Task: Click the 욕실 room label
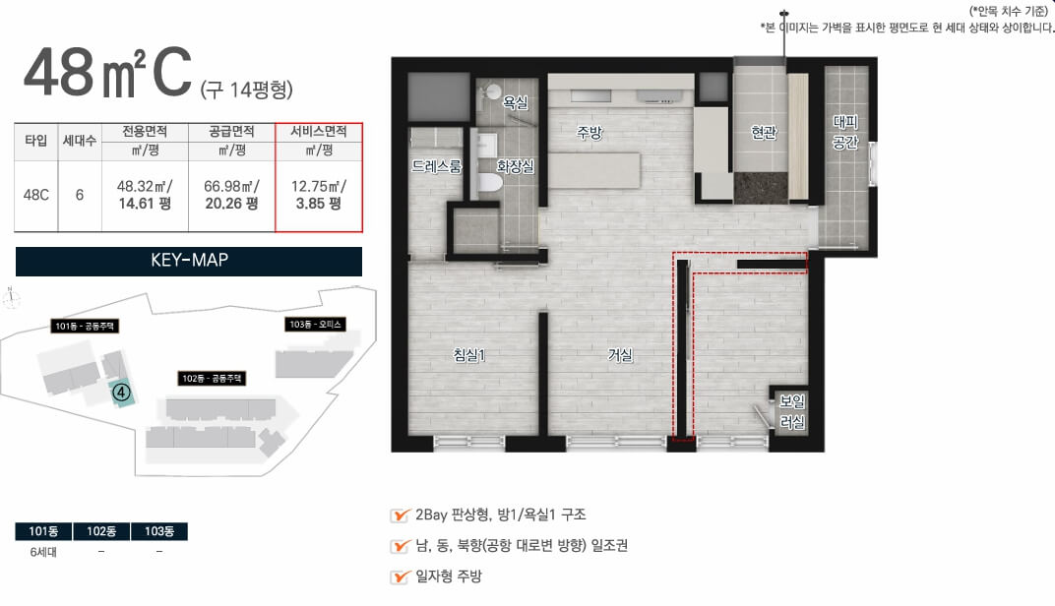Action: (x=516, y=102)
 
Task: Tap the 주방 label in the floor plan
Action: (x=590, y=133)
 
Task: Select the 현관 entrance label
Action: (x=764, y=133)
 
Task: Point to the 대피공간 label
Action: (x=845, y=132)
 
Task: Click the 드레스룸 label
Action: (x=437, y=166)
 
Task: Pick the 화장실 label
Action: (x=515, y=166)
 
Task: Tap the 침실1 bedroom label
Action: (x=469, y=354)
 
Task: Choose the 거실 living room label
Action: (x=620, y=354)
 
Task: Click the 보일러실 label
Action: (x=792, y=411)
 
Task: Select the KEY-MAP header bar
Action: (x=188, y=261)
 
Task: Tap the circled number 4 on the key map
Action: (x=121, y=391)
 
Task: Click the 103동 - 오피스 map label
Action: (x=316, y=325)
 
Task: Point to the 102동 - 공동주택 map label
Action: (x=212, y=378)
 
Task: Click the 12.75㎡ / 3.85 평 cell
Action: (x=319, y=195)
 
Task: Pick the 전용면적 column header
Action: (x=145, y=131)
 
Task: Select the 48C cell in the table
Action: (x=36, y=195)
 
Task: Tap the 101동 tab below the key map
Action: (x=43, y=531)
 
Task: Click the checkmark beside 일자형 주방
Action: (x=401, y=576)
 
